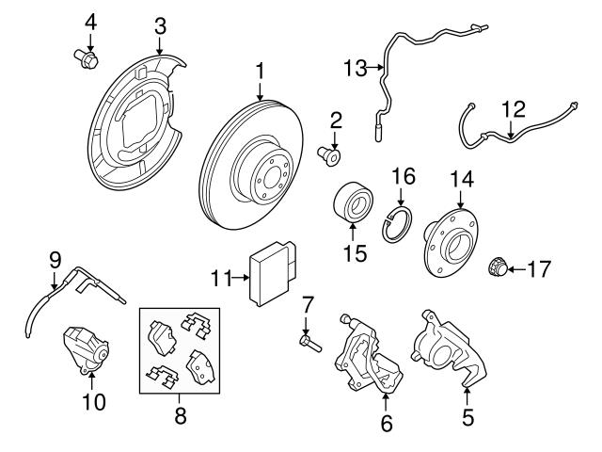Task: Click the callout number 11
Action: [x=222, y=278]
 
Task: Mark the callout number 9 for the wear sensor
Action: [x=55, y=257]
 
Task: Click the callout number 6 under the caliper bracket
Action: [x=387, y=424]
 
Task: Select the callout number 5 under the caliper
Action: [x=467, y=412]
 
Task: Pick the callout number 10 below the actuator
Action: [x=92, y=402]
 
